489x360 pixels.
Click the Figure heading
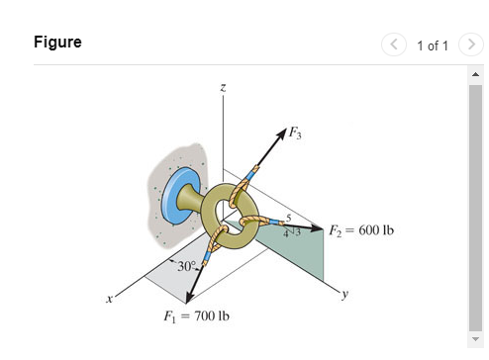pyautogui.click(x=57, y=43)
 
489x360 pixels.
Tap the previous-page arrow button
pyautogui.click(x=396, y=45)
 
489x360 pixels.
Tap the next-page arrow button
pyautogui.click(x=472, y=45)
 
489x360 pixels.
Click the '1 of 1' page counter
pyautogui.click(x=434, y=45)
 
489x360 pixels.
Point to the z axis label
pyautogui.click(x=223, y=90)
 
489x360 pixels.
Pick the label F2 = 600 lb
pyautogui.click(x=362, y=229)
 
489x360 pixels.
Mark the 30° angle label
pyautogui.click(x=186, y=266)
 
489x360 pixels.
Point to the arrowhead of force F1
pyautogui.click(x=187, y=296)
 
